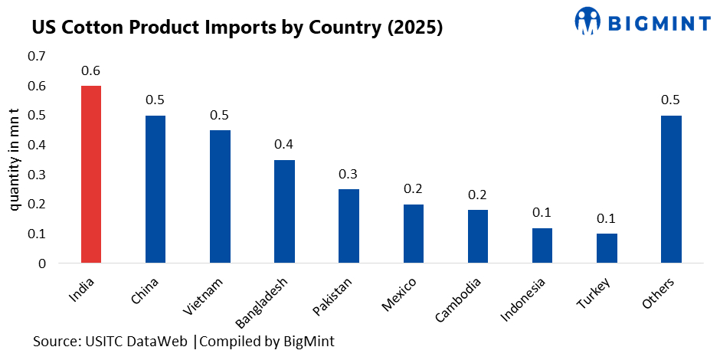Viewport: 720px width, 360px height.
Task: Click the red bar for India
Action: (x=91, y=175)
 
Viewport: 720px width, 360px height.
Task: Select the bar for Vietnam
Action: (x=220, y=197)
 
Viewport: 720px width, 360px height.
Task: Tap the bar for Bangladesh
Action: (x=284, y=211)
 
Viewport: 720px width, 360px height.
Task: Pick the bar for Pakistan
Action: (x=349, y=226)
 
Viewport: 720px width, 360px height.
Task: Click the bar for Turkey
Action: (x=607, y=248)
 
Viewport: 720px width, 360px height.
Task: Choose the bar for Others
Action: (x=671, y=189)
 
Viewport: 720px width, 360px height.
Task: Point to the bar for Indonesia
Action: (x=542, y=245)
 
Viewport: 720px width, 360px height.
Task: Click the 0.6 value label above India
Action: (x=91, y=71)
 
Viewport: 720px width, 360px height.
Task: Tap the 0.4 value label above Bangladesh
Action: (x=284, y=145)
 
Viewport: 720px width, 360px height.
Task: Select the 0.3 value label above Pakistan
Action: (x=349, y=174)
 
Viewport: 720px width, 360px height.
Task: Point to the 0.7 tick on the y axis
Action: (x=36, y=57)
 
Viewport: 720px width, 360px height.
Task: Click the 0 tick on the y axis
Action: (x=41, y=263)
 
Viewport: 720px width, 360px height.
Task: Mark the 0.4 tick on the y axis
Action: (x=36, y=146)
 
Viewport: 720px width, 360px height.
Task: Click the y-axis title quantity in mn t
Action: (x=15, y=159)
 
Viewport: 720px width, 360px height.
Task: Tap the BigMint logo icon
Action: (x=589, y=21)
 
